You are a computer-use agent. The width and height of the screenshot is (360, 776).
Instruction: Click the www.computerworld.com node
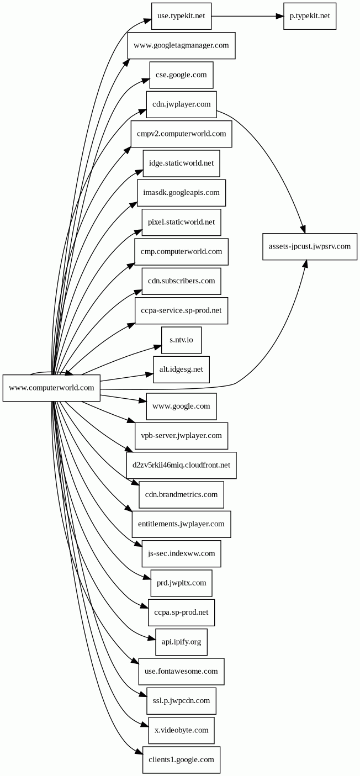(x=51, y=388)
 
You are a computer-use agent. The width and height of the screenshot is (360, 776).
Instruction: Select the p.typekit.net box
(x=310, y=16)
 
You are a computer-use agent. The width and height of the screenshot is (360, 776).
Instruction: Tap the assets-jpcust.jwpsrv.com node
(x=310, y=246)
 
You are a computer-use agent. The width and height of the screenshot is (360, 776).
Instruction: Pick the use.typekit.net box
(x=181, y=16)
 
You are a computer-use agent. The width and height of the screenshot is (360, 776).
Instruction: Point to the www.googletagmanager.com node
(x=181, y=45)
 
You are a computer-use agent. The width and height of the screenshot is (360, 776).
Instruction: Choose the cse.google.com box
(x=181, y=75)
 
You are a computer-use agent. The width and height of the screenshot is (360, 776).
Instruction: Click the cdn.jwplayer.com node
(x=181, y=104)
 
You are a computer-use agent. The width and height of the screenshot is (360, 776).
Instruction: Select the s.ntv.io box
(x=181, y=340)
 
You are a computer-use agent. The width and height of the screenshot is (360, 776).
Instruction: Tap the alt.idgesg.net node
(x=181, y=369)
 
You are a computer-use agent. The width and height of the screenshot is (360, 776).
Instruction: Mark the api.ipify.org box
(x=181, y=642)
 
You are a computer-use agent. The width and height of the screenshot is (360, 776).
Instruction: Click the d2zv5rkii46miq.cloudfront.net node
(x=181, y=465)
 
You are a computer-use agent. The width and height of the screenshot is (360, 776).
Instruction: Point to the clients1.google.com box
(x=181, y=760)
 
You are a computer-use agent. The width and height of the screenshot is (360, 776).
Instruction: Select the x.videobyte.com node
(x=181, y=731)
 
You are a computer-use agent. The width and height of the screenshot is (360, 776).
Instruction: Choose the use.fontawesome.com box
(x=181, y=672)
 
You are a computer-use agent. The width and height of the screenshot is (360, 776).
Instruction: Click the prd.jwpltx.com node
(x=181, y=583)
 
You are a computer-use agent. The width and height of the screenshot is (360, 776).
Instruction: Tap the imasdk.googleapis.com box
(x=181, y=193)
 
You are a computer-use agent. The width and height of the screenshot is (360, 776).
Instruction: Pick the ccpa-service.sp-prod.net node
(x=181, y=310)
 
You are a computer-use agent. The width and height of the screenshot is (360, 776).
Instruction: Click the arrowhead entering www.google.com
(x=142, y=400)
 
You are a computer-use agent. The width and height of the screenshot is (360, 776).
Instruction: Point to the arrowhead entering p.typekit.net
(x=280, y=16)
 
